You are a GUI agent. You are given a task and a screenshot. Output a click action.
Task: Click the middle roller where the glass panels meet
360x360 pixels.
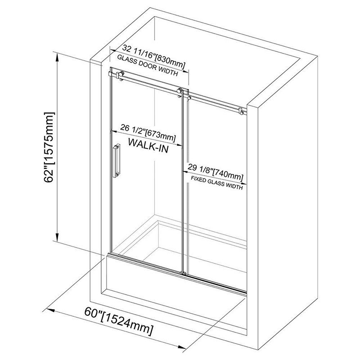[x=181, y=93]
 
